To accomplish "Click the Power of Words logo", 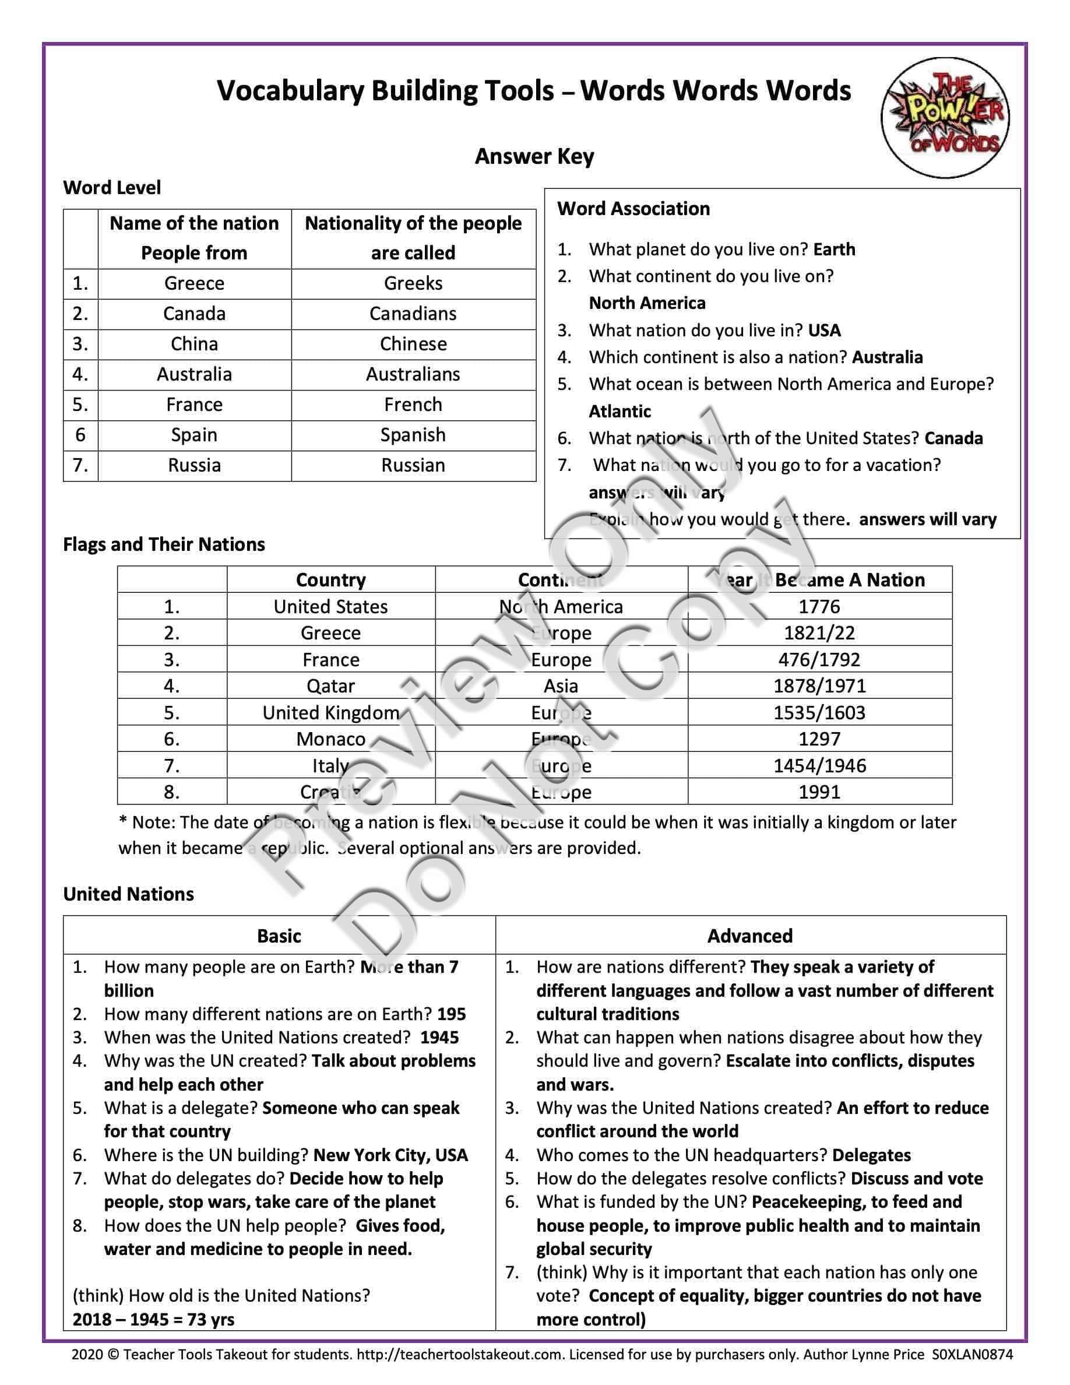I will (945, 117).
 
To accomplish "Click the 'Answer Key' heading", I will (534, 156).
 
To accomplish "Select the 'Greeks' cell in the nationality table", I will (413, 283).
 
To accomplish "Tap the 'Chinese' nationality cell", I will (413, 344).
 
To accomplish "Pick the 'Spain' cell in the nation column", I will (194, 435).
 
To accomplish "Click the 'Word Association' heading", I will (633, 209).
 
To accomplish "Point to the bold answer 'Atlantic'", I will (620, 412).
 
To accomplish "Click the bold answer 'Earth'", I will (833, 249).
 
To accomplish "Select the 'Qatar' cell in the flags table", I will (330, 686).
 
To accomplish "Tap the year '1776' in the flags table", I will (819, 606).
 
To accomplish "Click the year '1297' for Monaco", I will (819, 739).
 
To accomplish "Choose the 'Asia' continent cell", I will (561, 686).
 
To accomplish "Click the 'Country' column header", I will (330, 579).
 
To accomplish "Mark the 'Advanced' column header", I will (750, 936).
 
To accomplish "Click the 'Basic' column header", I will (279, 936).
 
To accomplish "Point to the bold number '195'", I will (451, 1014).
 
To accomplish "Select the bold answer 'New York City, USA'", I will (390, 1155).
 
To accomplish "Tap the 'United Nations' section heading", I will (129, 894).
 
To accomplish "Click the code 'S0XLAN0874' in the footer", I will (972, 1355).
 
